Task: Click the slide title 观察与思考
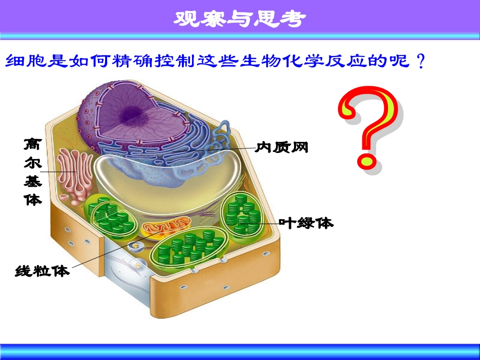[240, 19]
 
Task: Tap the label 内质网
[282, 147]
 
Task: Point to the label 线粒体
[42, 271]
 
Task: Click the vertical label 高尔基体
[33, 172]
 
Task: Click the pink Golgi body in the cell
[74, 177]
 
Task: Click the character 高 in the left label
[33, 145]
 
